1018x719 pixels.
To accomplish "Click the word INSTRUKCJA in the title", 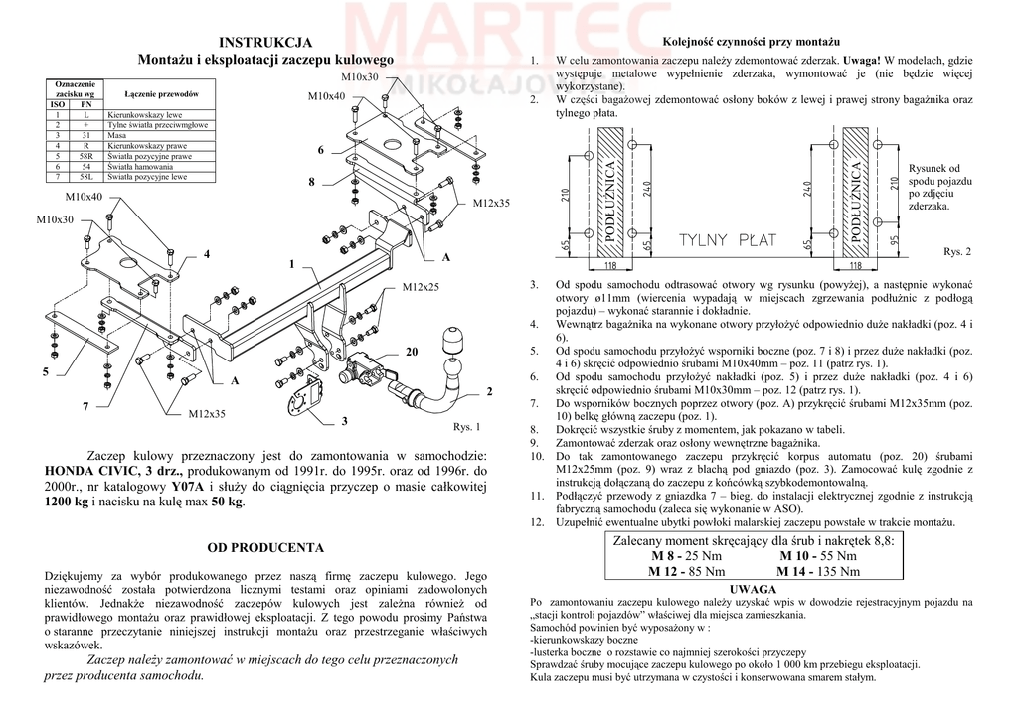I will coord(265,42).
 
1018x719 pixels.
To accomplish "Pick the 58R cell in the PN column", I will coord(86,157).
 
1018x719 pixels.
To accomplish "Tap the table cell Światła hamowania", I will coord(138,167).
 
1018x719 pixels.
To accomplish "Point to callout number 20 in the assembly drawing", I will coord(412,353).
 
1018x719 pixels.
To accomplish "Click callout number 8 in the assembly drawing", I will coord(311,182).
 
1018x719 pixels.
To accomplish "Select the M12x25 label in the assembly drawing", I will coord(421,287).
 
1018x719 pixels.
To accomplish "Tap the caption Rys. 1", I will coord(466,427).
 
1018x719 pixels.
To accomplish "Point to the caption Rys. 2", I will coord(956,252).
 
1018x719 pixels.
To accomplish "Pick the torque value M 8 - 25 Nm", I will coord(686,556).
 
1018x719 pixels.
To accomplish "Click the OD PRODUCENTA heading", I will coord(264,547).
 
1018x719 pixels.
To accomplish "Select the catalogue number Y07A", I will coord(187,487).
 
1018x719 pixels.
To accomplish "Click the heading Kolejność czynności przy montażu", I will coord(752,42).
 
